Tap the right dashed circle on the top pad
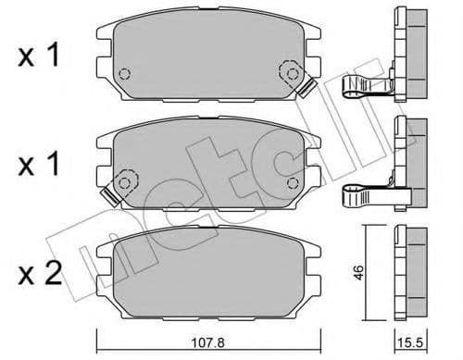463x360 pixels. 289,71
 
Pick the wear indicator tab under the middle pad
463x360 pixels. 108,195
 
